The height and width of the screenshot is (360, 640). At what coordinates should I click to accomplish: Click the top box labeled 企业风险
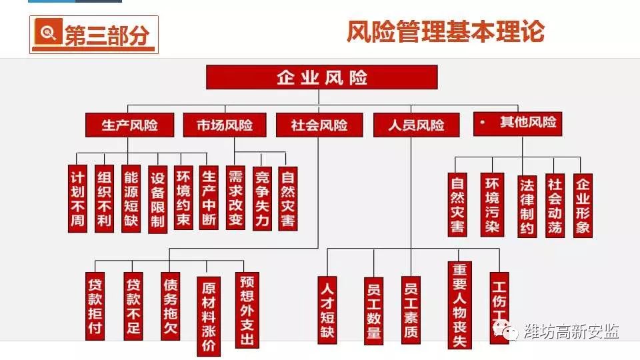321,77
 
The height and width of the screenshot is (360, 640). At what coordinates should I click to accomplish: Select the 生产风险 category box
129,125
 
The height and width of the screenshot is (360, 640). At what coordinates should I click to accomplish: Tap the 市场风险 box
225,125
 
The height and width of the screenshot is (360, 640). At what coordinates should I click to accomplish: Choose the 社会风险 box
319,125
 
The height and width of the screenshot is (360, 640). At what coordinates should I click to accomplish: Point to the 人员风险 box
416,125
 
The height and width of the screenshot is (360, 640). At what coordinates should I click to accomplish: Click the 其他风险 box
517,124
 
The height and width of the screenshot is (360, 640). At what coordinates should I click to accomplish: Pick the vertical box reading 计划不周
77,199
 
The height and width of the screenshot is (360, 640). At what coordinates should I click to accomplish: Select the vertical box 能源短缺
131,199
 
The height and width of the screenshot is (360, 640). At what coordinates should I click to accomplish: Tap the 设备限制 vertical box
157,199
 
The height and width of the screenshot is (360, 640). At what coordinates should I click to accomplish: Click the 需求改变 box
235,197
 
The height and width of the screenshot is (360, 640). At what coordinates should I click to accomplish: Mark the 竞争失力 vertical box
262,199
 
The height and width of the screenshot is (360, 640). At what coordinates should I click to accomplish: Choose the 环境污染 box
492,205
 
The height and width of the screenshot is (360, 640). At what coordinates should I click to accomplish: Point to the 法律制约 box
527,207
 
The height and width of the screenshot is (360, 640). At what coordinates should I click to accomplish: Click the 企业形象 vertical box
583,206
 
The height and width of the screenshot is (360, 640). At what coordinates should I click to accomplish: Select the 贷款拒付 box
95,306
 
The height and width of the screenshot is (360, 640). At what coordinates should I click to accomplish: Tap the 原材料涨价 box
209,316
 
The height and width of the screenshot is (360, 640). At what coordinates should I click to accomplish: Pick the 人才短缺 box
327,310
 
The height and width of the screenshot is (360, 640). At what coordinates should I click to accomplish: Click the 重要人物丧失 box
459,305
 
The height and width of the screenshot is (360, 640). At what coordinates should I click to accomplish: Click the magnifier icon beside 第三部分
49,32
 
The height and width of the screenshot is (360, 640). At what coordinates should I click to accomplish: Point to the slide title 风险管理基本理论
445,31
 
